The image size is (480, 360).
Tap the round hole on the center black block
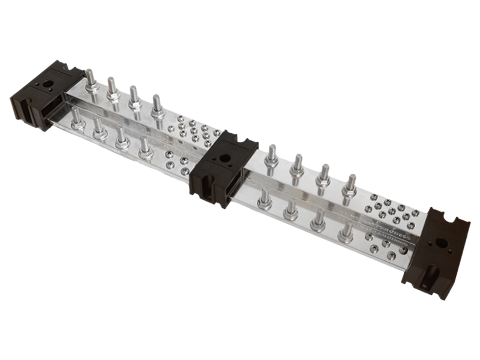pyautogui.click(x=224, y=160)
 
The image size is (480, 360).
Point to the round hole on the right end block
pyautogui.click(x=441, y=243)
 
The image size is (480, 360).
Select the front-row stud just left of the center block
pyautogui.click(x=146, y=149)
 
